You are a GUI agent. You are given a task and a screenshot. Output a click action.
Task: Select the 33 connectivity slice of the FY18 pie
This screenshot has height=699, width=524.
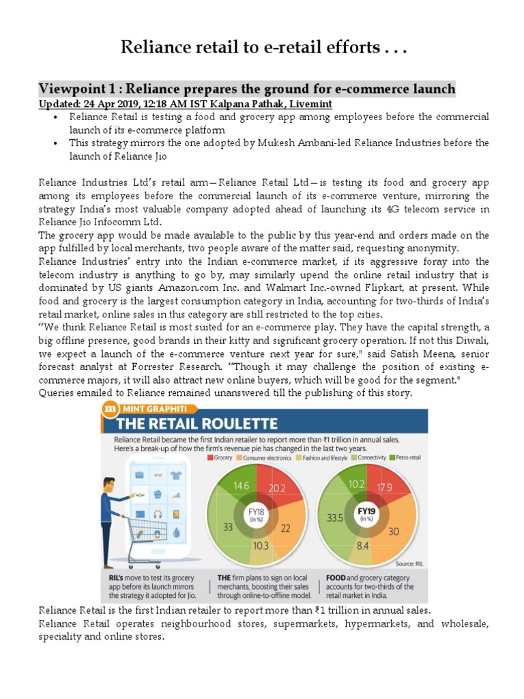coord(228,527)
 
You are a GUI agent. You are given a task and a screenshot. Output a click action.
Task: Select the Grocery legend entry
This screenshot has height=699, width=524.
coord(221,457)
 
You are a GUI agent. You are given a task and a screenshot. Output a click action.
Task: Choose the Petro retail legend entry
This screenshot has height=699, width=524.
coord(406,457)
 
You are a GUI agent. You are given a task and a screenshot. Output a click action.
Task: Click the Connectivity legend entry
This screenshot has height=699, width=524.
coord(365,457)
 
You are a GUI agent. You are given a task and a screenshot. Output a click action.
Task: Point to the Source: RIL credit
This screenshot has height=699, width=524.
coord(408,563)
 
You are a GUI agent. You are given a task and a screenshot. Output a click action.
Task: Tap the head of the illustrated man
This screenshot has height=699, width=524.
coord(109,482)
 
